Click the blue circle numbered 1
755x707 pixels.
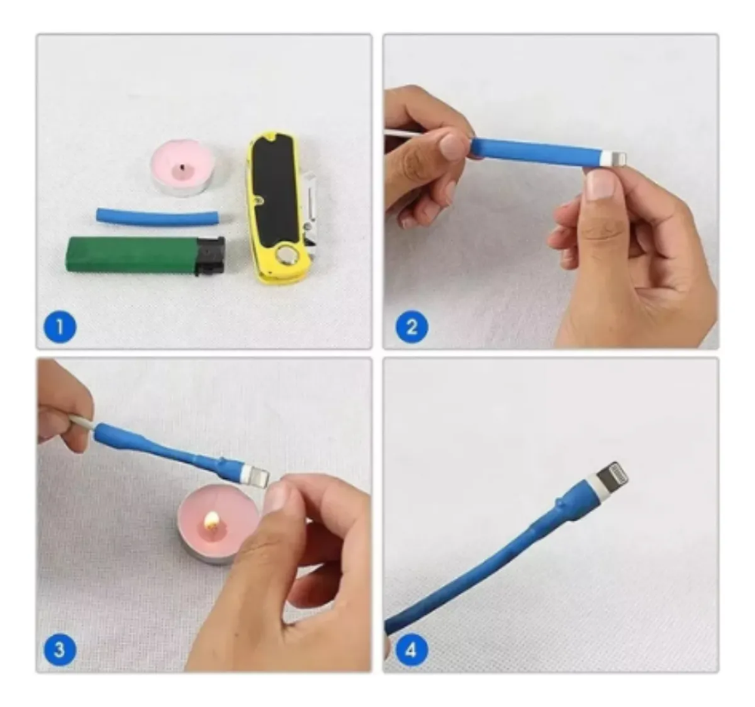[x=60, y=328]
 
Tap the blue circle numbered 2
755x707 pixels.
[x=411, y=328]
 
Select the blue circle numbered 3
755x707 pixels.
[x=60, y=650]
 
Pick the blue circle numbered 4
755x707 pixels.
[x=411, y=650]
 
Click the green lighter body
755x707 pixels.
[x=131, y=255]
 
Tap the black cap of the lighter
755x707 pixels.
[x=210, y=255]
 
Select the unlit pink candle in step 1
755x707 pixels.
[x=183, y=167]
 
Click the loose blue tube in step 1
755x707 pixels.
[x=159, y=217]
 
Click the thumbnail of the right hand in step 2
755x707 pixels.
[x=599, y=185]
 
